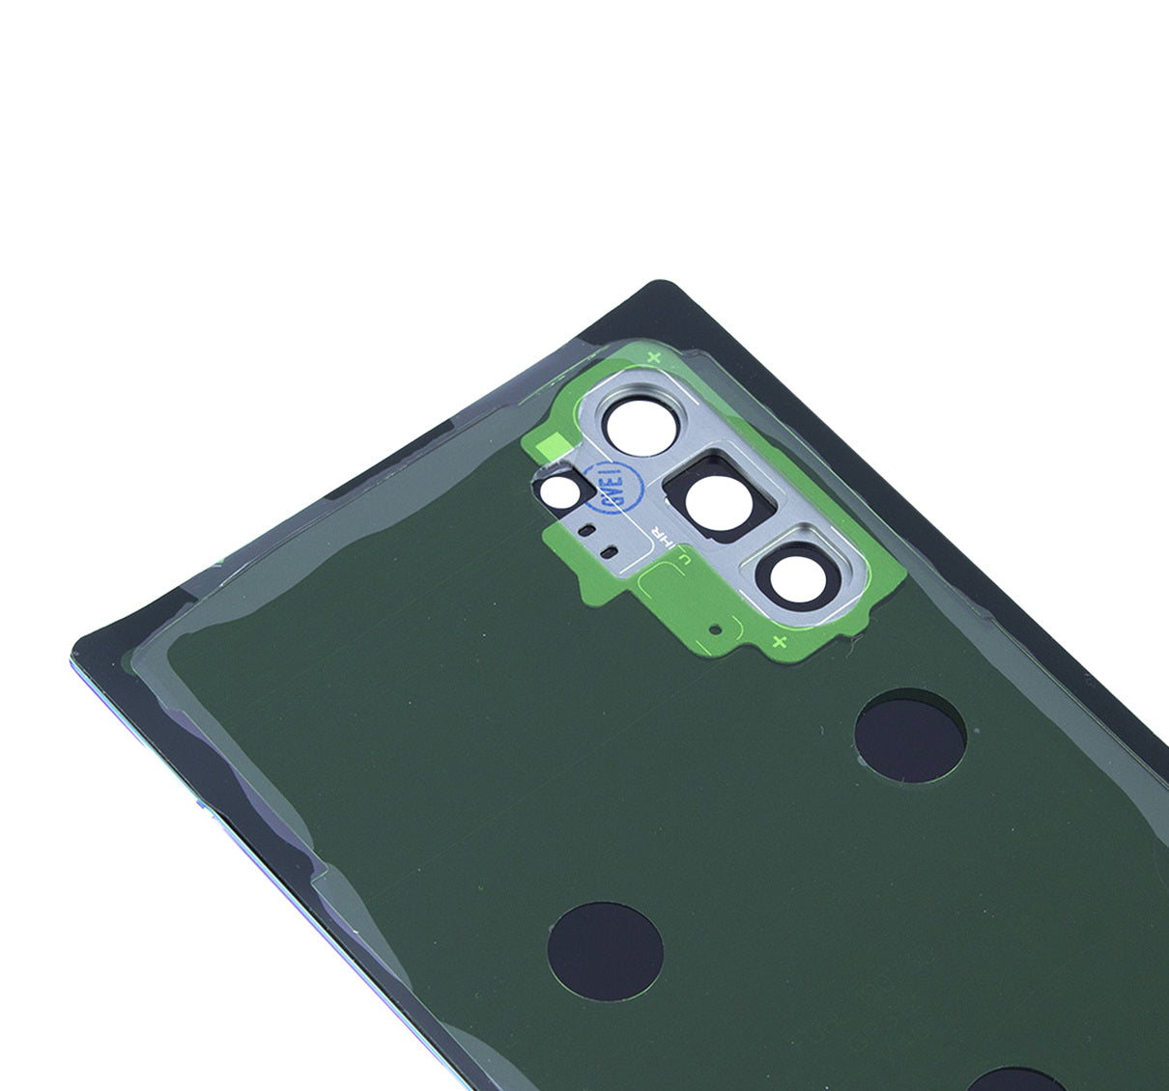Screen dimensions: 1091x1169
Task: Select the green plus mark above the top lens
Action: [653, 357]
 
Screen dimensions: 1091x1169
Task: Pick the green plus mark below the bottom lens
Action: [780, 642]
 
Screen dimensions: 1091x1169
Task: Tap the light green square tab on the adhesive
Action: [549, 443]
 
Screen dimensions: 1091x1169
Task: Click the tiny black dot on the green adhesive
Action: [715, 629]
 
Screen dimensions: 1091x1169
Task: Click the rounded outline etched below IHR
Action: [667, 583]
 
